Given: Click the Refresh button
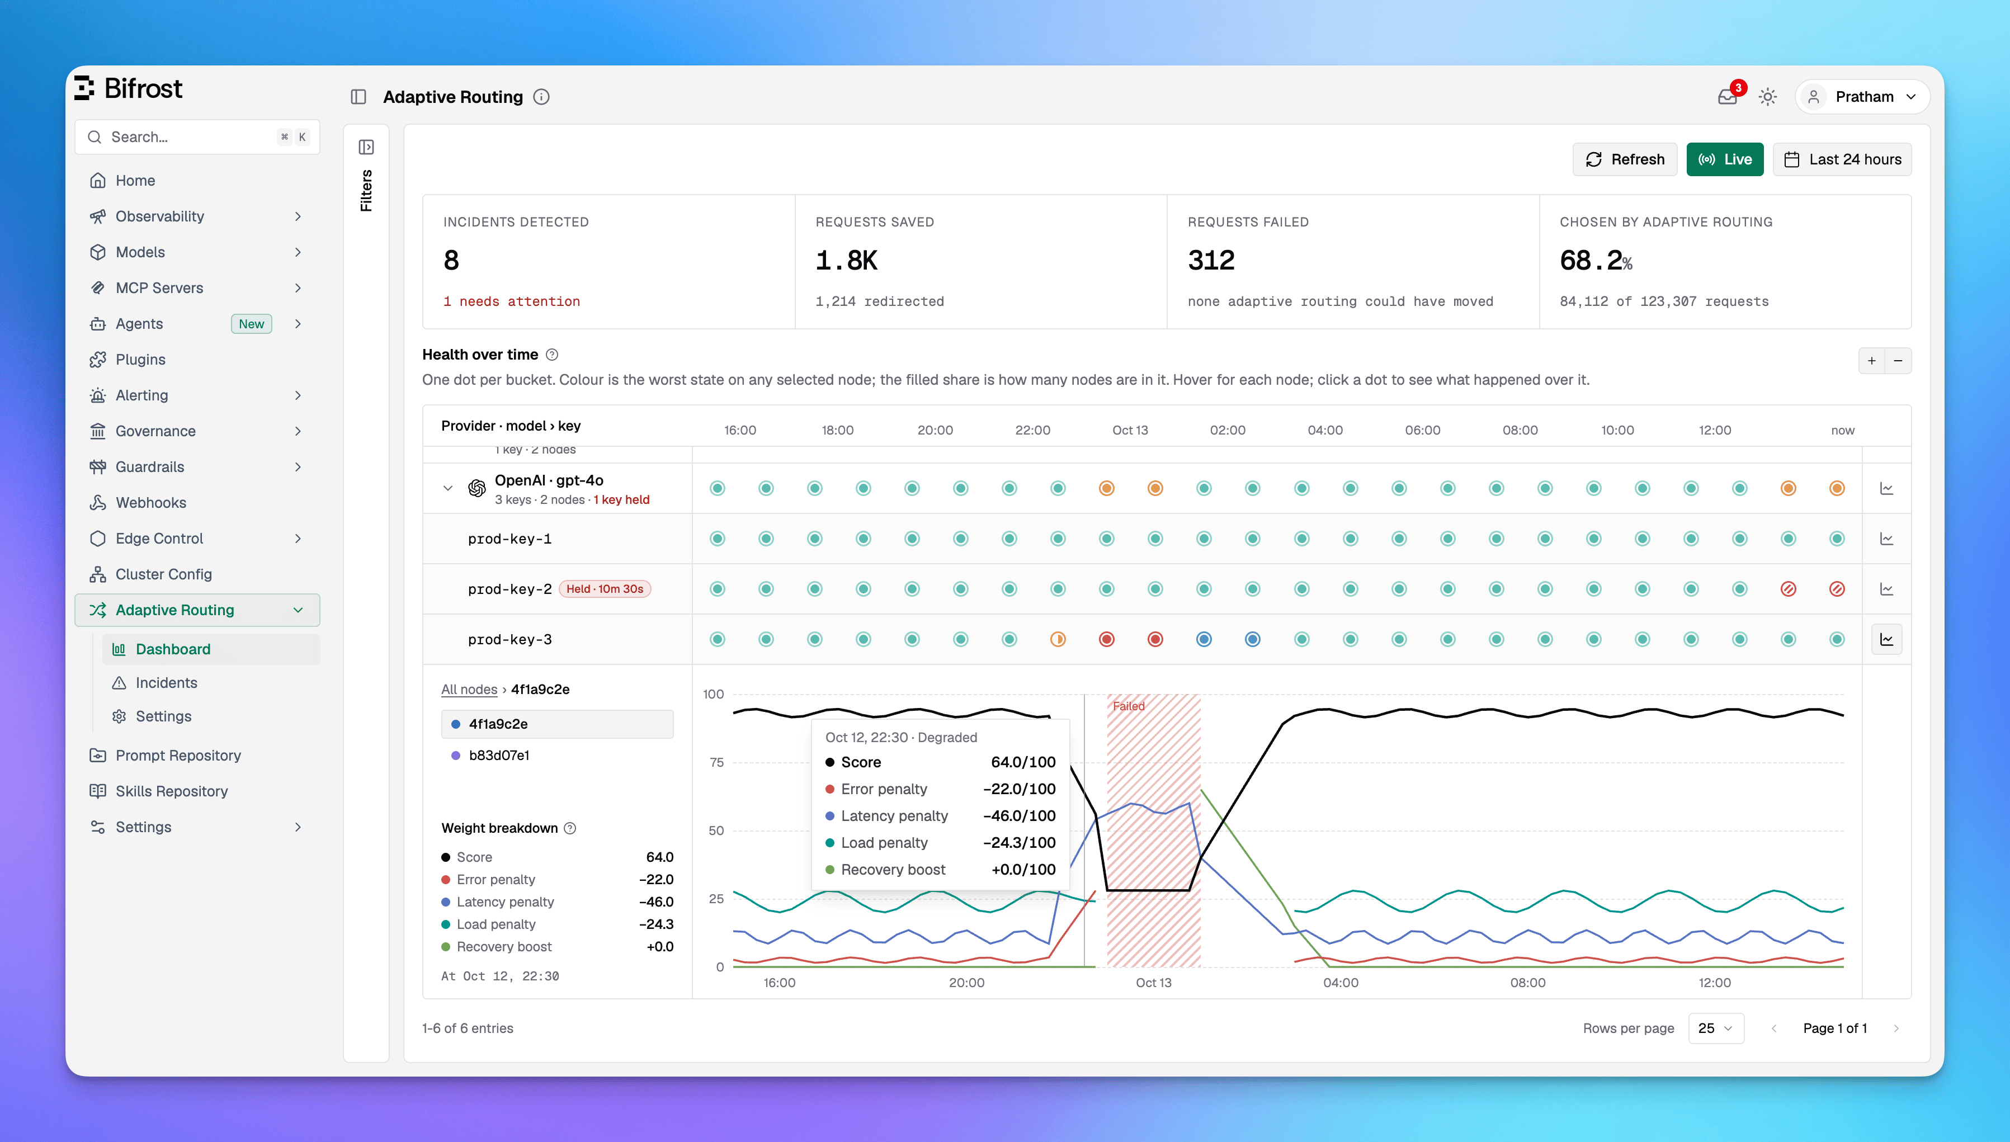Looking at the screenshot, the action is (1624, 159).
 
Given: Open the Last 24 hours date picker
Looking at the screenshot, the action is (1842, 159).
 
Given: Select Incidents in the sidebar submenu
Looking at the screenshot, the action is (166, 682).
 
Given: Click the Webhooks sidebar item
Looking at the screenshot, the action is (150, 503).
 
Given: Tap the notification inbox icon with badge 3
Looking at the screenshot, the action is (1727, 97).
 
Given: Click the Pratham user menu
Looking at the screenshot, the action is (1862, 97).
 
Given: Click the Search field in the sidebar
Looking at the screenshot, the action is (197, 137).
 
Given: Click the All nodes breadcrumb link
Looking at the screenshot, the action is (469, 690).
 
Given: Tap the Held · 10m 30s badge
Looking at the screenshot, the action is (605, 589).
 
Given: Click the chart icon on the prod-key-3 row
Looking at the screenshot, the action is (1887, 639).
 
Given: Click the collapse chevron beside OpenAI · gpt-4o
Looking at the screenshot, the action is (448, 489).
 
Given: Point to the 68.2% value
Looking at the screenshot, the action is (1596, 259).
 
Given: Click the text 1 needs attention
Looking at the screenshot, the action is (511, 301).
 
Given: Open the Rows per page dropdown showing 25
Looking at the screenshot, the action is (1716, 1028).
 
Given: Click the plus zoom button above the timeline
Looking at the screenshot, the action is (1872, 361).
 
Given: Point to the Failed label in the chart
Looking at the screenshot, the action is (1129, 706).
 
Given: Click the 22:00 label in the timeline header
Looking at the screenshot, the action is (1033, 430).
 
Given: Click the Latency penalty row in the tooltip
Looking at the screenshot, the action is (940, 816).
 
